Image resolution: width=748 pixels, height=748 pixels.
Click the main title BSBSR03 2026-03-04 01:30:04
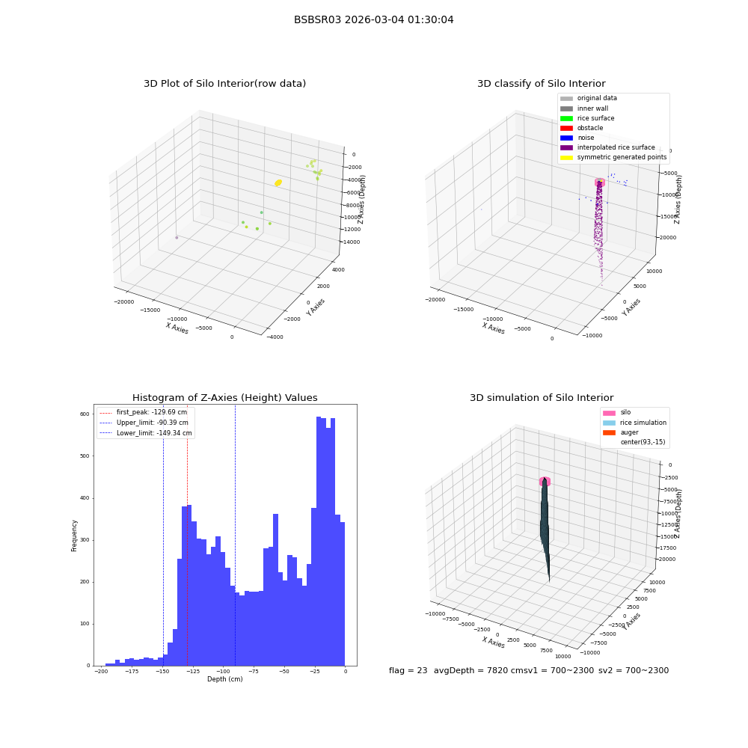point(373,19)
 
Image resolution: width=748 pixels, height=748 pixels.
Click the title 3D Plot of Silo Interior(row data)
point(224,84)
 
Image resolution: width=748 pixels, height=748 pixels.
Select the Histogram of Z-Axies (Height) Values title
point(224,397)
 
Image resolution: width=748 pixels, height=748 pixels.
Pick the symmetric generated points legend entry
point(613,157)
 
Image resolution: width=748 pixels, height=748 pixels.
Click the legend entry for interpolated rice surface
point(607,147)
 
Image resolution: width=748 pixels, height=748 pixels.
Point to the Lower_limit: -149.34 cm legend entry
point(146,433)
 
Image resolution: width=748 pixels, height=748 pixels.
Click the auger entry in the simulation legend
point(621,432)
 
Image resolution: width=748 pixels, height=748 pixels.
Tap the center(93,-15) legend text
point(643,442)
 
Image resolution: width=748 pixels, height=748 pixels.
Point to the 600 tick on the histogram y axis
point(85,414)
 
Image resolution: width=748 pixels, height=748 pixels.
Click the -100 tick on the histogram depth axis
point(222,671)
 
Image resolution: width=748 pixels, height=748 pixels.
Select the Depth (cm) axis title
point(224,679)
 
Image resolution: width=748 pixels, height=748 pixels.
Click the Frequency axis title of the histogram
point(74,536)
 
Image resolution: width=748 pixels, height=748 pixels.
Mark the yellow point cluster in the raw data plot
point(278,183)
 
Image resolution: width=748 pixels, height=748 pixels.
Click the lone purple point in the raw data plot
point(177,238)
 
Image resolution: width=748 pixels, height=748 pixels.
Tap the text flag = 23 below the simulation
point(408,670)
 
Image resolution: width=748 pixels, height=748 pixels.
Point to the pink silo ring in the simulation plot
point(545,481)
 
